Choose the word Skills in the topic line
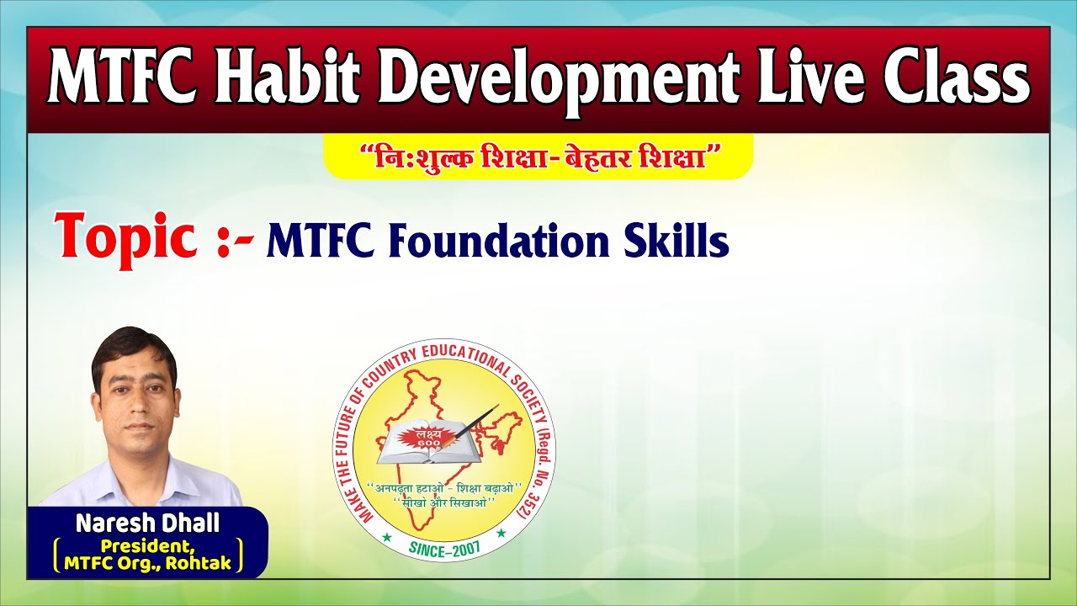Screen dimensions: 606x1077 [676, 242]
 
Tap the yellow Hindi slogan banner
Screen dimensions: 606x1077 [538, 157]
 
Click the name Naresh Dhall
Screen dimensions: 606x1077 [147, 523]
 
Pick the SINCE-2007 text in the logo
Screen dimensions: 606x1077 [443, 548]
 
